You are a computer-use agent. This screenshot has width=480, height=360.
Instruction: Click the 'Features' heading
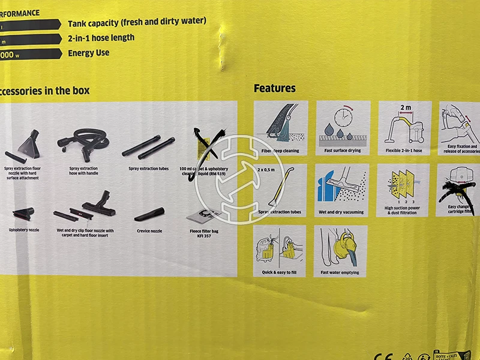tap(275, 88)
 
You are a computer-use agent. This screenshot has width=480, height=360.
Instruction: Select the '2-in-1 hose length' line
tap(101, 37)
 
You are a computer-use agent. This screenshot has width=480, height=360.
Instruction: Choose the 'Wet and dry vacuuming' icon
tap(341, 187)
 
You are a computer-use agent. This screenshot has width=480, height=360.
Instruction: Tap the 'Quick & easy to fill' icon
tap(280, 247)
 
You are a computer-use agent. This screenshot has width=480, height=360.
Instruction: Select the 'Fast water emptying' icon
tap(340, 247)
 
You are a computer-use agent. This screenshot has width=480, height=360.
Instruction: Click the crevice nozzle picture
tap(149, 214)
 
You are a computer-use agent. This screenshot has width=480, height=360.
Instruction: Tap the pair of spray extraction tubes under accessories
tap(148, 147)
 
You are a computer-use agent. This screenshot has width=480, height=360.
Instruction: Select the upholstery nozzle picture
tap(22, 212)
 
